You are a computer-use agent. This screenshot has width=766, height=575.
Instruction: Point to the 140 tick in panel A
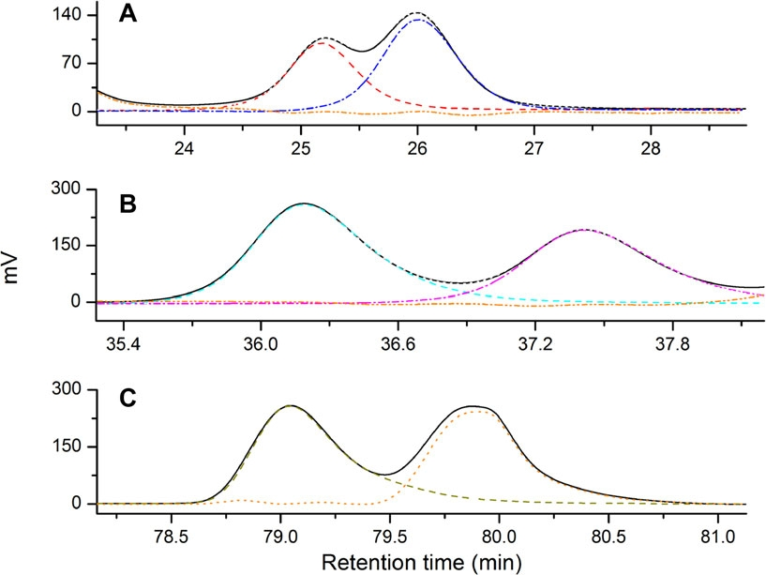(x=71, y=16)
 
